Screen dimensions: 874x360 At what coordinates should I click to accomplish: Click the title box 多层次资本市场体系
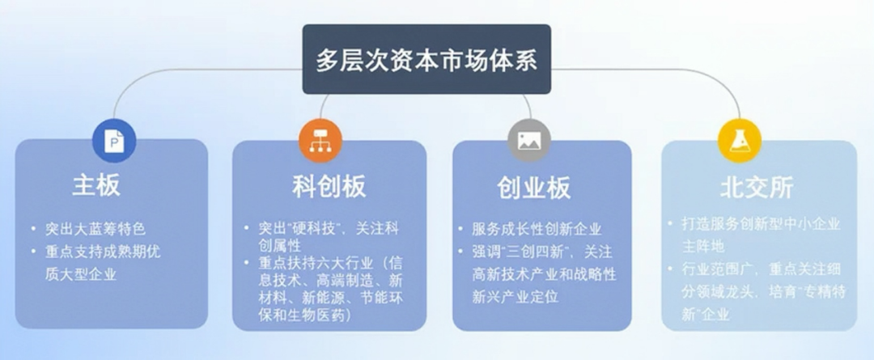[x=426, y=59]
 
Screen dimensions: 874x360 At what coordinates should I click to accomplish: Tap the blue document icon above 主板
[x=114, y=141]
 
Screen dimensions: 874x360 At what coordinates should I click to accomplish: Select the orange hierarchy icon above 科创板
[x=320, y=141]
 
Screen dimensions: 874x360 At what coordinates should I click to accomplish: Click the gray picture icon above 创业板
[x=529, y=141]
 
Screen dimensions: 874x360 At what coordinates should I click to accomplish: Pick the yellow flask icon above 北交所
[x=740, y=141]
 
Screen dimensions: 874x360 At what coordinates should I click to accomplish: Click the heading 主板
[x=96, y=185]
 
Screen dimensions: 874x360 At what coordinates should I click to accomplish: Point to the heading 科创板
[x=329, y=187]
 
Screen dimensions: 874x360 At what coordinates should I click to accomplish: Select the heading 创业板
[x=534, y=188]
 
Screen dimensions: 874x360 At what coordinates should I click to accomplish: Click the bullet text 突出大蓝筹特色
[x=95, y=228]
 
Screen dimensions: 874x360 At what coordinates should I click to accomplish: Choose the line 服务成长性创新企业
[x=537, y=229]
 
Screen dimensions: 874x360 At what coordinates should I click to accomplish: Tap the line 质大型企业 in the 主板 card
[x=81, y=274]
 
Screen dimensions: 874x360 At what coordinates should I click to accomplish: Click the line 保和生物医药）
[x=305, y=315]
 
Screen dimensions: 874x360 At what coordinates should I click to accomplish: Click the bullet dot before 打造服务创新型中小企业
[x=670, y=224]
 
